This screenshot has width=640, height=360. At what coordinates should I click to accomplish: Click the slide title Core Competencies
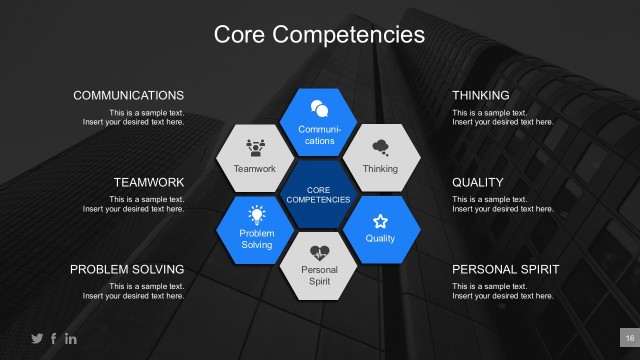(319, 35)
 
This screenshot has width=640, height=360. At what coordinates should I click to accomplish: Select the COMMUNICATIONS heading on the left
(128, 95)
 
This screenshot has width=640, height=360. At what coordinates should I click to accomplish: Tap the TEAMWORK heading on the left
(148, 182)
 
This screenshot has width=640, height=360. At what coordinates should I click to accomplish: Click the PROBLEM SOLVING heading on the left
(126, 269)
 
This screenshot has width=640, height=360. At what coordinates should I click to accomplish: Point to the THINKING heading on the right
(480, 95)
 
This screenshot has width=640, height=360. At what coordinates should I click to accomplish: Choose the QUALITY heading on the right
(477, 182)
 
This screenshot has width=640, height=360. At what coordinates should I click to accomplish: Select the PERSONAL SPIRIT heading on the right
(505, 269)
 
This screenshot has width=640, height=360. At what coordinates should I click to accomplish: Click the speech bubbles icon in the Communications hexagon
(319, 108)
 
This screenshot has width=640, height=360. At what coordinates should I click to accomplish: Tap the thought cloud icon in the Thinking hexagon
(380, 147)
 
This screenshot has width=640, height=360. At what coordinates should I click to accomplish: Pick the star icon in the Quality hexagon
(380, 220)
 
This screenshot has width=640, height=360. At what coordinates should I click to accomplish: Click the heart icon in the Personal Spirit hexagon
(319, 253)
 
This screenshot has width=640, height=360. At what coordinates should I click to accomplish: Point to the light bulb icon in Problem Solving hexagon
(256, 214)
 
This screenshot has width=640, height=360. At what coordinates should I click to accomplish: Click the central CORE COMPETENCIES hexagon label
(318, 194)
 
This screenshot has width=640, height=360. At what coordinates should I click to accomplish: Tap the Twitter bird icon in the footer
(37, 339)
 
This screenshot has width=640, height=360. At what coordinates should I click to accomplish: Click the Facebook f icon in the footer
(54, 339)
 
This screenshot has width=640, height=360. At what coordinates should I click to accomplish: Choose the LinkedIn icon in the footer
(71, 339)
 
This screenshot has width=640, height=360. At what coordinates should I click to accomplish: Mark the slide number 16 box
(629, 339)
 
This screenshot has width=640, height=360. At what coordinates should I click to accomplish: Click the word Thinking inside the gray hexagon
(380, 168)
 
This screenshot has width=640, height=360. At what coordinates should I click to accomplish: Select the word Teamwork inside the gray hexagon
(254, 168)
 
